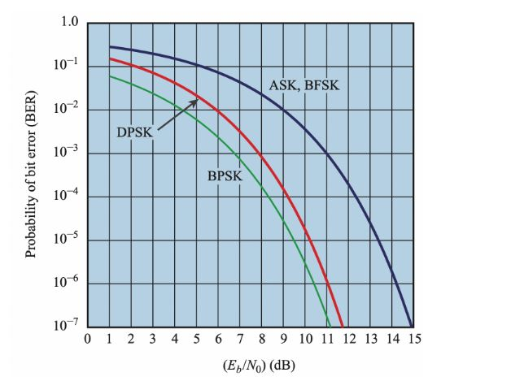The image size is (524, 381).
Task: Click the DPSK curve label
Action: coord(132,132)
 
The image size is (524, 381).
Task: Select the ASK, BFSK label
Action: coord(303,85)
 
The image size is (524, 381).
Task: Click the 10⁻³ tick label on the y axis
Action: coord(66,154)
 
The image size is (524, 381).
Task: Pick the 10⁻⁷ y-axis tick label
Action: coord(66,327)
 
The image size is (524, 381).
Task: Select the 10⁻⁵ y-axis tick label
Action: coord(66,240)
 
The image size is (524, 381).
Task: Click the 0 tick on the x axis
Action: coord(87,338)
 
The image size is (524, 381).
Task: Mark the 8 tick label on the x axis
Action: coord(262,338)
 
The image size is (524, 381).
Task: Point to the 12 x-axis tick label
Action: coord(349,338)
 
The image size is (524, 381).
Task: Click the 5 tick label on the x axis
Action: coord(196,338)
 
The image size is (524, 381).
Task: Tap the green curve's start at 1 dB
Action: coord(109,76)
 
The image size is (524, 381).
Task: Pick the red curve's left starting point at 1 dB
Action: coord(109,59)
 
